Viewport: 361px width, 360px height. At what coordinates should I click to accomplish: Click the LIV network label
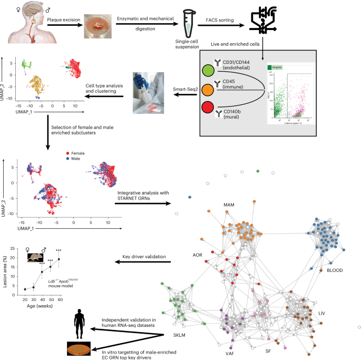(x=323, y=314)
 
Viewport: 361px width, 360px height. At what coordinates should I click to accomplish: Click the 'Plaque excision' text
(x=64, y=21)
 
